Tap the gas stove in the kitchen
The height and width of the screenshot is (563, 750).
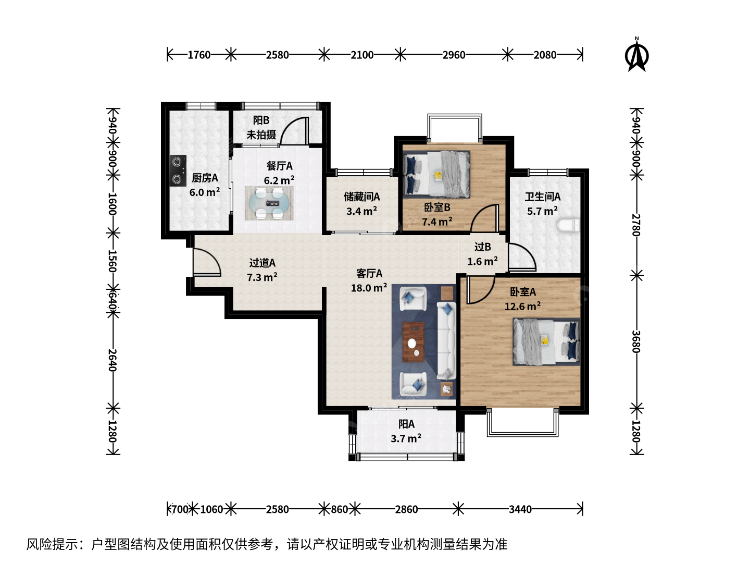click(178, 170)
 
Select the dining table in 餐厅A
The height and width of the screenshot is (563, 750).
click(269, 203)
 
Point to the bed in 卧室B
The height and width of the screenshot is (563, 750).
click(436, 174)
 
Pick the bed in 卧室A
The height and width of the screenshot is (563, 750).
click(546, 341)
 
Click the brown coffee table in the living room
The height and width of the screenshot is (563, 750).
click(414, 342)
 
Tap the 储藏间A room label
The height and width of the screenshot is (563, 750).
click(362, 197)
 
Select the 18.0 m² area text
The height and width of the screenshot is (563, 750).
click(369, 287)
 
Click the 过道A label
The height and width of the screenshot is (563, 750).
click(262, 263)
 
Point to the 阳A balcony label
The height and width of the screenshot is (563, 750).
click(406, 424)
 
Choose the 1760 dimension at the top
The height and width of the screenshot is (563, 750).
click(199, 55)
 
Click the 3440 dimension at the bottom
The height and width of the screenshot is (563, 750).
click(520, 510)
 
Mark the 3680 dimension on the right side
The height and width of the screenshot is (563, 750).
click(636, 341)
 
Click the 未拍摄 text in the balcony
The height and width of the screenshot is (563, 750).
click(261, 134)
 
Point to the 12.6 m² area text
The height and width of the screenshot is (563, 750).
click(522, 306)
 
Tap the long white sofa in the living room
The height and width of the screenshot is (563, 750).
click(446, 340)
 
